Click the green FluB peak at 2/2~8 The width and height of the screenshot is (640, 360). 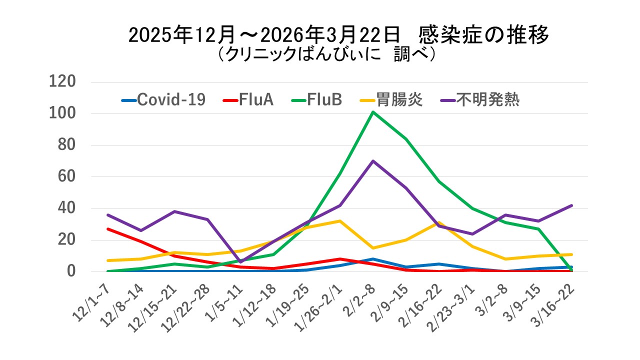point(373,112)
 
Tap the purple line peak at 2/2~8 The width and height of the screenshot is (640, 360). point(373,161)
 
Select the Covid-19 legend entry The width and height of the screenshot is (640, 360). point(163,100)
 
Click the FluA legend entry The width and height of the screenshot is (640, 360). point(248,100)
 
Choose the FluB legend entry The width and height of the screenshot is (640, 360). point(317,100)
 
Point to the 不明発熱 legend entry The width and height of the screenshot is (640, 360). point(480,100)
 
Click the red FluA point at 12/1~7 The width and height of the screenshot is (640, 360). point(108,229)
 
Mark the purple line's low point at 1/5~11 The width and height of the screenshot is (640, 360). point(240,262)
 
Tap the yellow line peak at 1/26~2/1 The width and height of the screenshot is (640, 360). point(340,221)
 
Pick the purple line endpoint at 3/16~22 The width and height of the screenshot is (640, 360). point(571,205)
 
